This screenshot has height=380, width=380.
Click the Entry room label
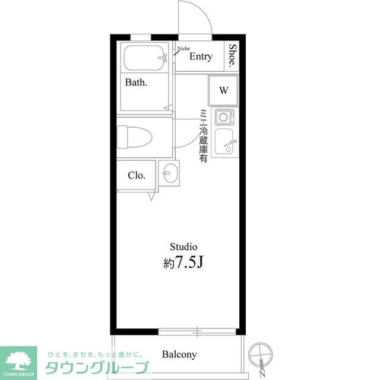pyautogui.click(x=201, y=57)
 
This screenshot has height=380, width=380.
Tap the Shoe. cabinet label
pyautogui.click(x=233, y=56)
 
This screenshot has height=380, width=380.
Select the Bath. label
pyautogui.click(x=136, y=83)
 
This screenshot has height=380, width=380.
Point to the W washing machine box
pyautogui.click(x=224, y=90)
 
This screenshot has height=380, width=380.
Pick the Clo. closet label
pyautogui.click(x=136, y=176)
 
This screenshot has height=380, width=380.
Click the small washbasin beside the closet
pyautogui.click(x=170, y=174)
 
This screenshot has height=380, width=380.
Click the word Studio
pyautogui.click(x=183, y=246)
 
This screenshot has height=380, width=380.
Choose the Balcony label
pyautogui.click(x=179, y=354)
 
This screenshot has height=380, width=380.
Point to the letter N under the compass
pyautogui.click(x=261, y=373)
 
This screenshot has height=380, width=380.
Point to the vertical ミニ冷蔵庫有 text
pyautogui.click(x=203, y=137)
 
